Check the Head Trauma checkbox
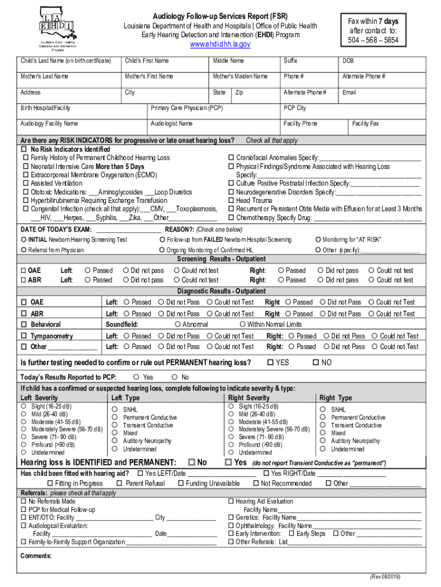(x=231, y=201)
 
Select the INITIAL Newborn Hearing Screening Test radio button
(x=23, y=240)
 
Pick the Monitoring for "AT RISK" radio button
(x=318, y=240)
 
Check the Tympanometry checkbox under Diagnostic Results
(x=24, y=336)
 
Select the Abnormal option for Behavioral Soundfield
(x=178, y=324)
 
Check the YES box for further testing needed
(x=270, y=363)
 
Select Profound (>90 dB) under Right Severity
(x=231, y=444)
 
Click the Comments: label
(x=36, y=555)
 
